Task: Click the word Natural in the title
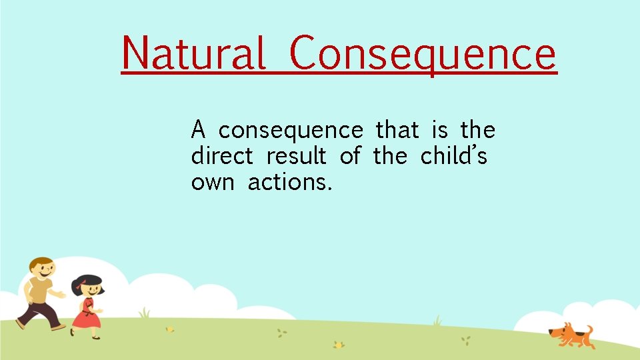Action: coord(193,53)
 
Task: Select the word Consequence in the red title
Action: coord(423,53)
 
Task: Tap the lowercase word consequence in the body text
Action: coord(291,129)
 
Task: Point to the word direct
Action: coord(222,156)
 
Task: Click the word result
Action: coord(296,156)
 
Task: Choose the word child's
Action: coord(453,156)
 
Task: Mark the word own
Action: coord(212,182)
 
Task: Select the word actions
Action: coord(289,182)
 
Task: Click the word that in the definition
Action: coord(397,129)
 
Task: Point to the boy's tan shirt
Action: coord(39,291)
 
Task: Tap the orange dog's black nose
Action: coord(550,332)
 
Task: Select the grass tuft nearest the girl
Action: coord(144,313)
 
